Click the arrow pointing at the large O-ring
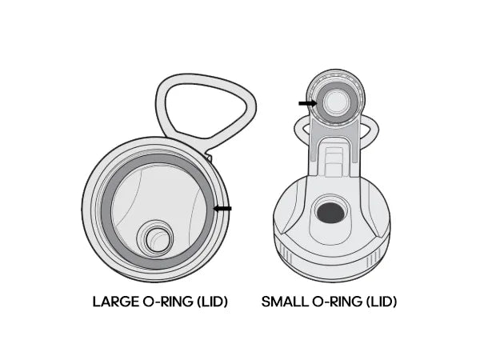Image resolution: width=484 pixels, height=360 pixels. coord(222,209)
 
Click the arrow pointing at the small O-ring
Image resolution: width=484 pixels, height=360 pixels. coord(308,103)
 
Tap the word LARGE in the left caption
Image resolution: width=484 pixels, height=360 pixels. coord(116,302)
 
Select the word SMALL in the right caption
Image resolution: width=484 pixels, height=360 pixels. coord(285,302)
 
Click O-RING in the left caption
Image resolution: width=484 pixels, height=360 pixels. coord(168,302)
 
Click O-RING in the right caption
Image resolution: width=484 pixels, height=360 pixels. coord(337,302)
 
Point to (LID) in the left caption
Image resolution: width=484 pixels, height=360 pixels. coord(212,302)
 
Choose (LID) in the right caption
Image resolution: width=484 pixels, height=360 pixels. coord(382,302)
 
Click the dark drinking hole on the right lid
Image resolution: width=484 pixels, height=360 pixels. coord(330,213)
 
